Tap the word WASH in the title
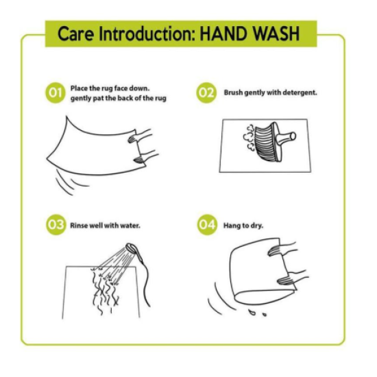point(275,34)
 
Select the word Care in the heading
point(75,34)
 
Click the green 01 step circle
point(56,93)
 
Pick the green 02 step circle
point(206,93)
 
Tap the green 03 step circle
point(56,225)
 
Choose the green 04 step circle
point(207,225)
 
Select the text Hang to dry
point(243,226)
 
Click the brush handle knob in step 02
point(293,136)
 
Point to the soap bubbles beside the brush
point(250,138)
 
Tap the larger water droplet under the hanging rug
point(252,313)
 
